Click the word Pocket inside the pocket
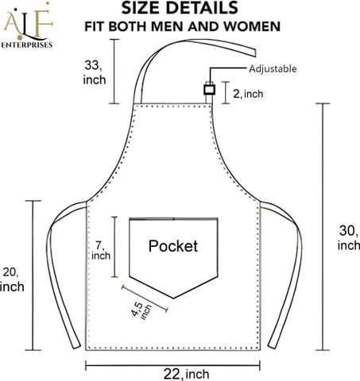pyautogui.click(x=173, y=246)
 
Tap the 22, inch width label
pyautogui.click(x=186, y=374)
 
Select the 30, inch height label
pyautogui.click(x=349, y=237)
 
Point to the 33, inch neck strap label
pyautogui.click(x=95, y=72)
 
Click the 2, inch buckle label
pyautogui.click(x=248, y=94)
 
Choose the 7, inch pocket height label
pyautogui.click(x=101, y=250)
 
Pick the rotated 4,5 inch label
pyautogui.click(x=142, y=310)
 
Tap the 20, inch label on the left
pyautogui.click(x=12, y=279)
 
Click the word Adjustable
pyautogui.click(x=273, y=69)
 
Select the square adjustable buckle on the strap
pyautogui.click(x=210, y=90)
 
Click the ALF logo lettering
pyautogui.click(x=27, y=22)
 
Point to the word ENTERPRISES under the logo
pyautogui.click(x=27, y=45)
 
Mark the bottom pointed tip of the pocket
pyautogui.click(x=173, y=298)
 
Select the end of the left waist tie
pyautogui.click(x=76, y=345)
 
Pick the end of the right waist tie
pyautogui.click(x=272, y=345)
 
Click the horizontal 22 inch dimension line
pyautogui.click(x=172, y=366)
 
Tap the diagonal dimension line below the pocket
pyautogui.click(x=145, y=298)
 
